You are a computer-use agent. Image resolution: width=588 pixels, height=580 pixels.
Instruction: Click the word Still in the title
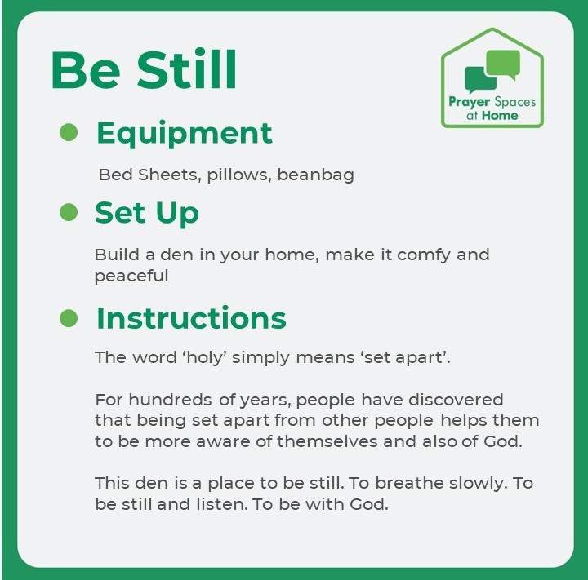click(x=187, y=71)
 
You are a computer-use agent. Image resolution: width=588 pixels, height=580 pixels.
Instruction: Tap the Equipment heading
click(x=184, y=133)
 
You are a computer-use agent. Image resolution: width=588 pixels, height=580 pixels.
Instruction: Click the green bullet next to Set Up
click(x=69, y=212)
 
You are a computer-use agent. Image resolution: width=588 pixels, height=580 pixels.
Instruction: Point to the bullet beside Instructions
click(x=69, y=317)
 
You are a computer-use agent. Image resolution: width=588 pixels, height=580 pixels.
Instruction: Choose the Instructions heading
click(x=191, y=317)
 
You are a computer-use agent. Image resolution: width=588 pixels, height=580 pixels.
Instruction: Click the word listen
click(x=220, y=504)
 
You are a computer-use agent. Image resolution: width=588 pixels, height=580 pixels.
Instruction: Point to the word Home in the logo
click(x=500, y=116)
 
